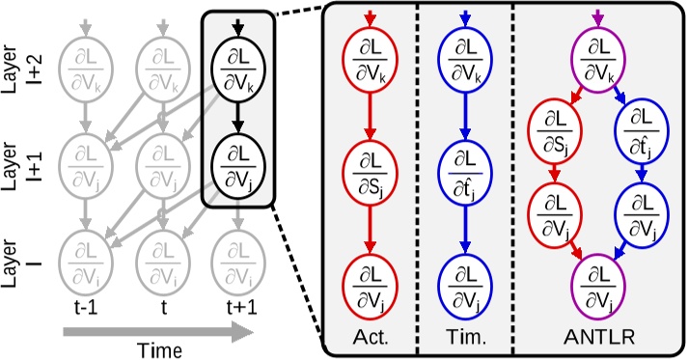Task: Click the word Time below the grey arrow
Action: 158,348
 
